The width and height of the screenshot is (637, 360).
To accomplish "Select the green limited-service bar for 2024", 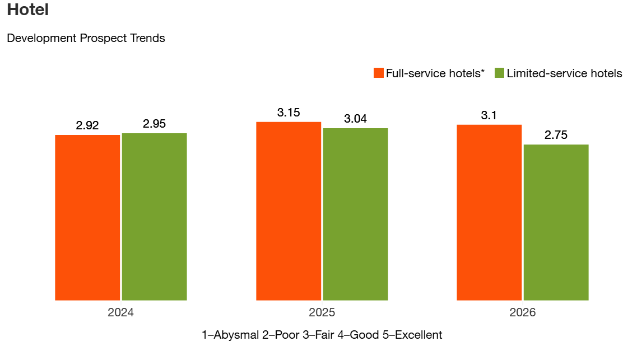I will point(154,217).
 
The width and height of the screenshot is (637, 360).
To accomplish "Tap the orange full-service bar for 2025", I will point(289,211).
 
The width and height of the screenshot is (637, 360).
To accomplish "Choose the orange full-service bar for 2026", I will point(489,212).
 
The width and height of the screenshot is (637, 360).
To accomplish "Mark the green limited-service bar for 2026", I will point(556,222).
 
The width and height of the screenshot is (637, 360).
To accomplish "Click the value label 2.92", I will point(87,125).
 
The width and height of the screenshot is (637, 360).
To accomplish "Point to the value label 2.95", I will point(154,124).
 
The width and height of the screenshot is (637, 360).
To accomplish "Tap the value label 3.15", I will point(289,113).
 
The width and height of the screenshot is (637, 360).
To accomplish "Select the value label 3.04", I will point(355,119).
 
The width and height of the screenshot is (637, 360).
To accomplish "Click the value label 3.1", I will point(489,115).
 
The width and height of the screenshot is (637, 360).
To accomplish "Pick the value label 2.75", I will point(556,135).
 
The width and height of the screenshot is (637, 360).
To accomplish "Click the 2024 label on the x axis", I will point(120,312).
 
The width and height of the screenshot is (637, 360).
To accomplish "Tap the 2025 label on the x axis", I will point(322,312).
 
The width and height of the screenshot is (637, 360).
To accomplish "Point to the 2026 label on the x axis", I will point(522,312).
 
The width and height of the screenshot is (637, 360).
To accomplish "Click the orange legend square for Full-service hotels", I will point(379,73).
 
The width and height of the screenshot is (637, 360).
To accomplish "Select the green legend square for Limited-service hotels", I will point(500,73).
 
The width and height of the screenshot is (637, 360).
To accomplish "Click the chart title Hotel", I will point(28,10).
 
